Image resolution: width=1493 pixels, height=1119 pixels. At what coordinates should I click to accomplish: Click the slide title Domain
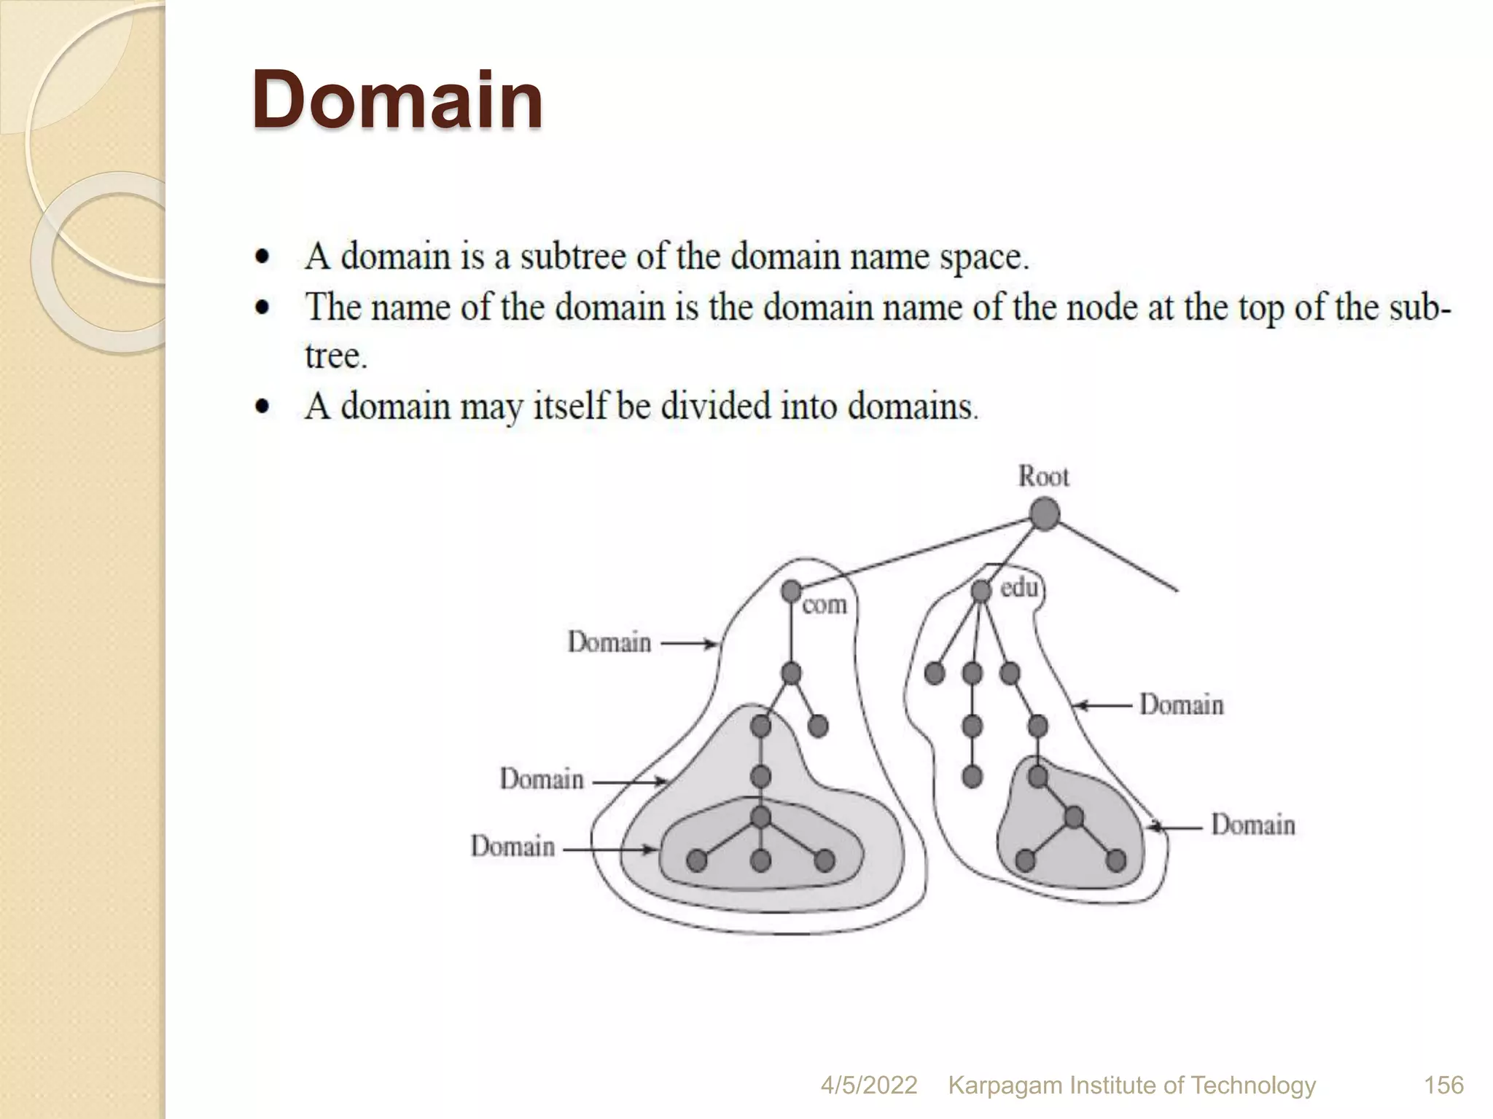click(x=397, y=100)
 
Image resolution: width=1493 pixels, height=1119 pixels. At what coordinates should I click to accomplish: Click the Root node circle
click(x=1045, y=514)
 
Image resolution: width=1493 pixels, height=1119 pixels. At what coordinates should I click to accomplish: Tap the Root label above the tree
click(x=1044, y=476)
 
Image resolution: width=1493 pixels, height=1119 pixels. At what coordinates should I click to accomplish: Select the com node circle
click(x=791, y=591)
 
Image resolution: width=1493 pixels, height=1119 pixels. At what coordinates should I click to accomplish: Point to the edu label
click(x=1018, y=587)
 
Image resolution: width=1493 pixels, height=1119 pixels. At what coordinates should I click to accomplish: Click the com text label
click(x=825, y=605)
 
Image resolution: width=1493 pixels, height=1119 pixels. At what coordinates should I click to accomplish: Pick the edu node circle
click(x=981, y=591)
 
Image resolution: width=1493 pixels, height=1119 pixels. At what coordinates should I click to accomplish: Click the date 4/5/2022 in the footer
click(x=868, y=1085)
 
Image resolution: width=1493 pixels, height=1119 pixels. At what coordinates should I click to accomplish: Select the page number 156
click(x=1443, y=1085)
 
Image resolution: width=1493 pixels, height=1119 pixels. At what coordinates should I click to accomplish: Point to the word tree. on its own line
click(x=336, y=356)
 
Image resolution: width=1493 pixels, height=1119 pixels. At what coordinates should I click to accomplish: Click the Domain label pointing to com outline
click(x=609, y=643)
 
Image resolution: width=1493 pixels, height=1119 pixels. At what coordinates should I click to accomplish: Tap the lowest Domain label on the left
click(x=512, y=847)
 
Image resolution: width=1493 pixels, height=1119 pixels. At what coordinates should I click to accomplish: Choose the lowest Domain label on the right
click(x=1253, y=825)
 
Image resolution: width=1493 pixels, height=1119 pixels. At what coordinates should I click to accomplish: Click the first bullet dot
click(x=262, y=257)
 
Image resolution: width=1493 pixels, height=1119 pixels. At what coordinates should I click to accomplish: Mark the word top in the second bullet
click(x=1263, y=307)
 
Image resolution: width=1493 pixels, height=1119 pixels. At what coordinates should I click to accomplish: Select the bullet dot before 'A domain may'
click(x=262, y=407)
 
